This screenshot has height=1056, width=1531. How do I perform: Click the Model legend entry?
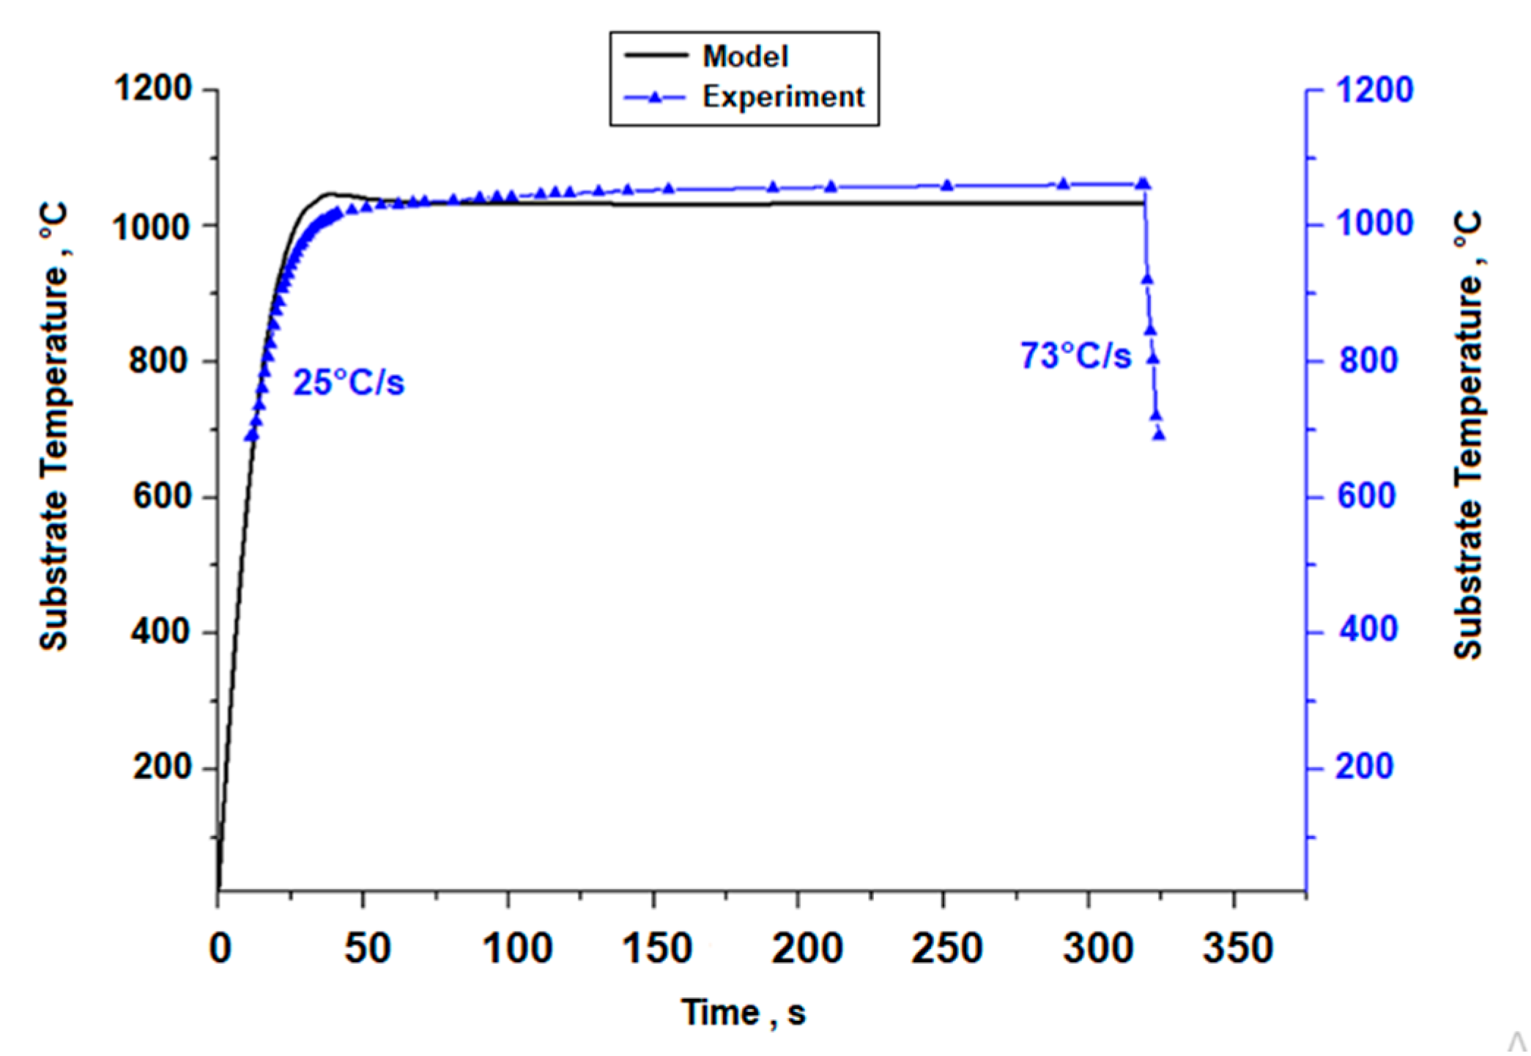pos(744,56)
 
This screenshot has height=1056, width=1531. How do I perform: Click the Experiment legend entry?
pos(782,97)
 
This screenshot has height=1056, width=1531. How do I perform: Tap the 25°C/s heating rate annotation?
pos(349,382)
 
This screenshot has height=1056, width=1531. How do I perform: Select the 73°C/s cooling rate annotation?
pos(1075,355)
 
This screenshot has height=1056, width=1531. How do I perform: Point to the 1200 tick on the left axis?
pos(152,89)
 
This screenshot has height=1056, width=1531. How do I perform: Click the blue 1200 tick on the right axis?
pos(1374,90)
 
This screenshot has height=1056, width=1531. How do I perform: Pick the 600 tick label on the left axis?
pos(161,496)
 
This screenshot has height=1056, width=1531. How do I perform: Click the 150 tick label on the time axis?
pos(656,948)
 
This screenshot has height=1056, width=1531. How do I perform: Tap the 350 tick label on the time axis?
pos(1238,948)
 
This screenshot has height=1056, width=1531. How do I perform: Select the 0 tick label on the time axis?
pos(220,948)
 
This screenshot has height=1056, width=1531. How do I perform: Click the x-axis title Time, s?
pos(744,1013)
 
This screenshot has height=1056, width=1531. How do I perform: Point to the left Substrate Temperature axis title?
pos(53,427)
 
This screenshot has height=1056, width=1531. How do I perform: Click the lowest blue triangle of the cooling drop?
pos(1159,435)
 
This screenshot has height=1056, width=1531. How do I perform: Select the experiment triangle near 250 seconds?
pos(946,185)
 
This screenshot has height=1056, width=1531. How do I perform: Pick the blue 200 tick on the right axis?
pos(1364,767)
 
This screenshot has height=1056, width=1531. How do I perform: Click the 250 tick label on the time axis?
pos(946,948)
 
